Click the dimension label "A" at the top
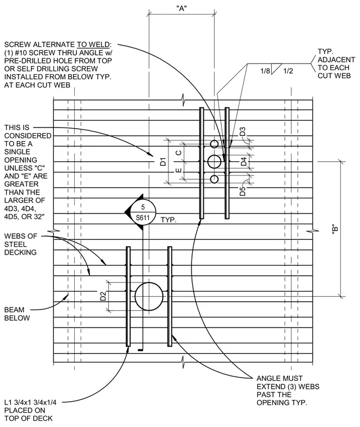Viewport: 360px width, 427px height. click(181, 8)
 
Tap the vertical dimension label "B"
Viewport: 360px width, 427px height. click(335, 229)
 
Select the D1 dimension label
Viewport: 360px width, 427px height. click(163, 161)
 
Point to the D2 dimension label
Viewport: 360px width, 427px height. click(103, 296)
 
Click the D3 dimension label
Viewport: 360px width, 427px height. click(243, 131)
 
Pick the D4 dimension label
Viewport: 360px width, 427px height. click(244, 161)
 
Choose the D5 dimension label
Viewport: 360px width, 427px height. click(243, 191)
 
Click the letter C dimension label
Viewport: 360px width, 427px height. click(179, 153)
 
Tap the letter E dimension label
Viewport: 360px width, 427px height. click(179, 170)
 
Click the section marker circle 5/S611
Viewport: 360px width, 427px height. click(143, 212)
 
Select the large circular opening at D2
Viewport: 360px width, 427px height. click(149, 283)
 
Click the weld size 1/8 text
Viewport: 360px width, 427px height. click(265, 71)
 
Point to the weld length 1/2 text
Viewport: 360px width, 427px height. click(288, 71)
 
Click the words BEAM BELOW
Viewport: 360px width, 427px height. click(17, 314)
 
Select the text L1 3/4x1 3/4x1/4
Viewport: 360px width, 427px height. click(30, 402)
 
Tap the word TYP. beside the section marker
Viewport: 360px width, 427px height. click(168, 220)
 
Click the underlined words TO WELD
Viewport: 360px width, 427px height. click(93, 44)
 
